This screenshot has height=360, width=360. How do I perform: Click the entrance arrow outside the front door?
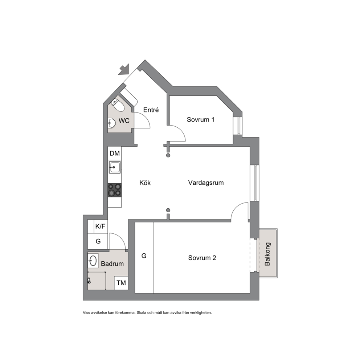click(x=124, y=70)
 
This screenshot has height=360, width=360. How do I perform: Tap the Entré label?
click(x=151, y=110)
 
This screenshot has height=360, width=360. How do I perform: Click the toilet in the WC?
click(x=118, y=105)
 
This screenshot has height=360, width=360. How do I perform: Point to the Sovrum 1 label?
click(x=200, y=120)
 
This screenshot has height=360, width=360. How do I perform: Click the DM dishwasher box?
click(x=115, y=154)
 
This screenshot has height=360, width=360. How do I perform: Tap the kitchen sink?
click(x=115, y=167)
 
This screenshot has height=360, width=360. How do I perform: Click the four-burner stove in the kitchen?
click(x=115, y=190)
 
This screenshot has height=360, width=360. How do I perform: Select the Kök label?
click(x=145, y=183)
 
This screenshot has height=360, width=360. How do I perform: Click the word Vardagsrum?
click(x=206, y=183)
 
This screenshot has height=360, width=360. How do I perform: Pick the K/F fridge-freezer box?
click(x=100, y=226)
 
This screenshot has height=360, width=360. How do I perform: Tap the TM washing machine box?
click(x=121, y=283)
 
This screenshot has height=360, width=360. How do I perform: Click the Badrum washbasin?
click(x=93, y=261)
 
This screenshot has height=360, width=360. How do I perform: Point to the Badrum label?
click(x=112, y=264)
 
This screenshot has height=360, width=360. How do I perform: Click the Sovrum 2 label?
click(x=202, y=258)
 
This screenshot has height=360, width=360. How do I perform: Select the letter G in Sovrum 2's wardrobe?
click(x=144, y=256)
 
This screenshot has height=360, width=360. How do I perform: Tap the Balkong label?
click(x=267, y=254)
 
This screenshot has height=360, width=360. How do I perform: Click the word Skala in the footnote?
click(x=141, y=312)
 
